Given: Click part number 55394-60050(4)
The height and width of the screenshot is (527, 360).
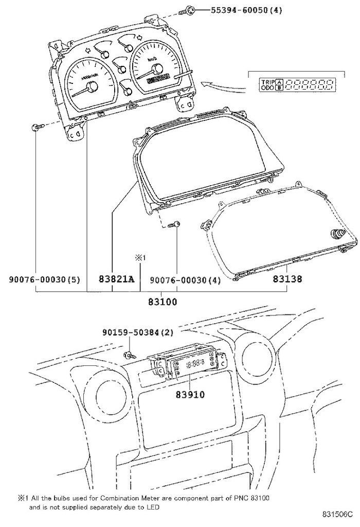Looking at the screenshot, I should [239, 10].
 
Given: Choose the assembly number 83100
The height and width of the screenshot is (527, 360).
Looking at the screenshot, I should [163, 302].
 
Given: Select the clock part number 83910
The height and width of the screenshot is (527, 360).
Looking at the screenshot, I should [190, 395].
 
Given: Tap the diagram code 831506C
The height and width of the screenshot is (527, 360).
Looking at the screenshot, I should [338, 515].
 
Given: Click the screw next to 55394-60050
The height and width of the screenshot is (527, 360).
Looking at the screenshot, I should [189, 10].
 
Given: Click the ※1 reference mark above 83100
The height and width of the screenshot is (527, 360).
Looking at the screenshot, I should [141, 257].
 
